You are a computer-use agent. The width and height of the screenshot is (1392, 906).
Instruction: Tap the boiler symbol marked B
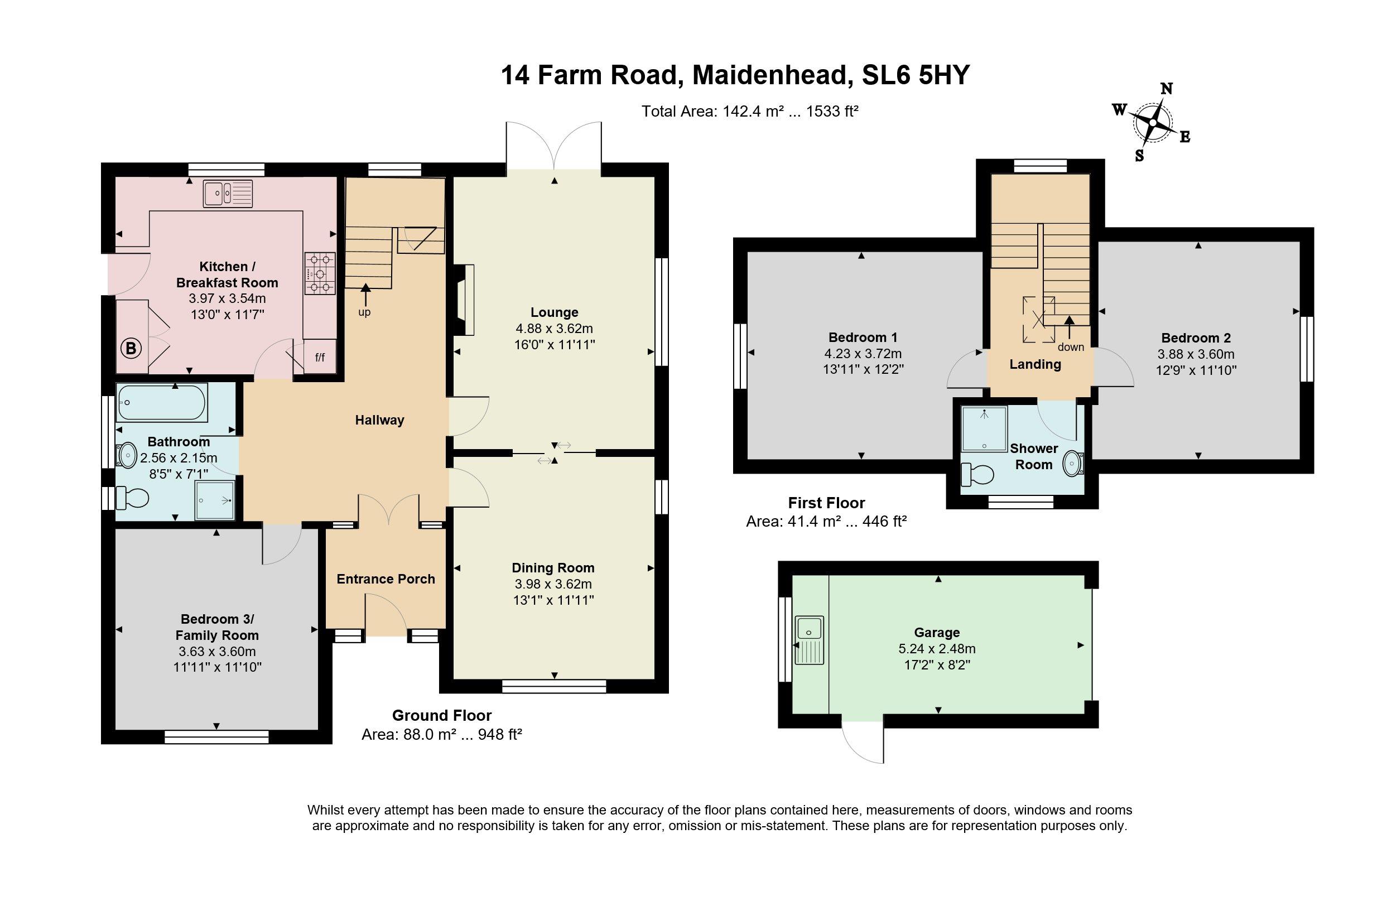click(x=131, y=349)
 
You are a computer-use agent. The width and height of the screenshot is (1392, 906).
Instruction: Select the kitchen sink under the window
click(x=228, y=194)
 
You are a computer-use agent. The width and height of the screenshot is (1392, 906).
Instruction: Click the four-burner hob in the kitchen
click(x=320, y=273)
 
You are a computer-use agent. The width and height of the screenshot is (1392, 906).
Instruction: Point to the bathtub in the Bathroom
click(x=162, y=402)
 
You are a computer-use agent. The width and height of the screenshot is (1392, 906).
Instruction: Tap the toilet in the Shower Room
click(x=977, y=475)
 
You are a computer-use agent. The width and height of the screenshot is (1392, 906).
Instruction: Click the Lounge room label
click(x=555, y=312)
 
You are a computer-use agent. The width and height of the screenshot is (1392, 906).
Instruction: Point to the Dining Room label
click(x=553, y=568)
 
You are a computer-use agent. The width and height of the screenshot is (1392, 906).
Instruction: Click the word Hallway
click(x=379, y=420)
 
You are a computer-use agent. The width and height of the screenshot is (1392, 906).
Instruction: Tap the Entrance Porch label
click(x=386, y=579)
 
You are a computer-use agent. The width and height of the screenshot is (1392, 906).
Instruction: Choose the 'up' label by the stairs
click(x=364, y=312)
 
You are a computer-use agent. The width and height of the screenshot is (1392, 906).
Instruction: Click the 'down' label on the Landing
click(x=1070, y=347)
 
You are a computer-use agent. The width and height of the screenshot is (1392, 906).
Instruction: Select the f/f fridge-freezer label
click(x=320, y=357)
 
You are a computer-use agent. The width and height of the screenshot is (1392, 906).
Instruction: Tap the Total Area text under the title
click(x=750, y=111)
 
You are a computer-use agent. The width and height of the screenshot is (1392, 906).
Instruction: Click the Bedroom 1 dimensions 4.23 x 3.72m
click(x=863, y=353)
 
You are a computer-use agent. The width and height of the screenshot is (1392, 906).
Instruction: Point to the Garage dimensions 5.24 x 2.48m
click(x=937, y=649)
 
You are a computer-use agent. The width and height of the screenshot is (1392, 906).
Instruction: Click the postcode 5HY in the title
click(x=944, y=75)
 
